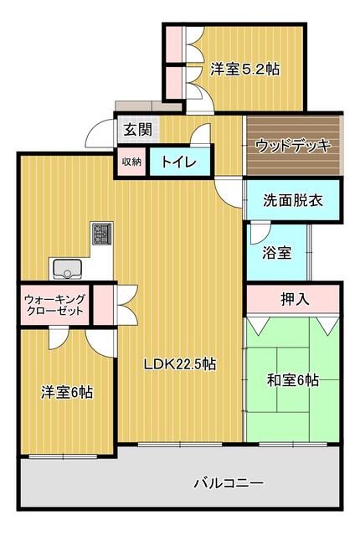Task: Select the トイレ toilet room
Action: click(179, 162)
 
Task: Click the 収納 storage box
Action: click(131, 161)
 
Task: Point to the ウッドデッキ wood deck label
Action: click(292, 145)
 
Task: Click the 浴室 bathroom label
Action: click(279, 252)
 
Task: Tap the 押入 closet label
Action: click(291, 298)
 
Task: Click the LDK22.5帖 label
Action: click(180, 363)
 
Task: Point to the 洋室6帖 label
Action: click(67, 391)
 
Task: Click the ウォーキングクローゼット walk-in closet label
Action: click(54, 303)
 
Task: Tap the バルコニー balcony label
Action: click(228, 483)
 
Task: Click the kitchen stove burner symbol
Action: click(102, 234)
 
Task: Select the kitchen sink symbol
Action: click(67, 268)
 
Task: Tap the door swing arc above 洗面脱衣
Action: click(226, 191)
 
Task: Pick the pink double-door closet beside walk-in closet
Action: click(104, 303)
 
